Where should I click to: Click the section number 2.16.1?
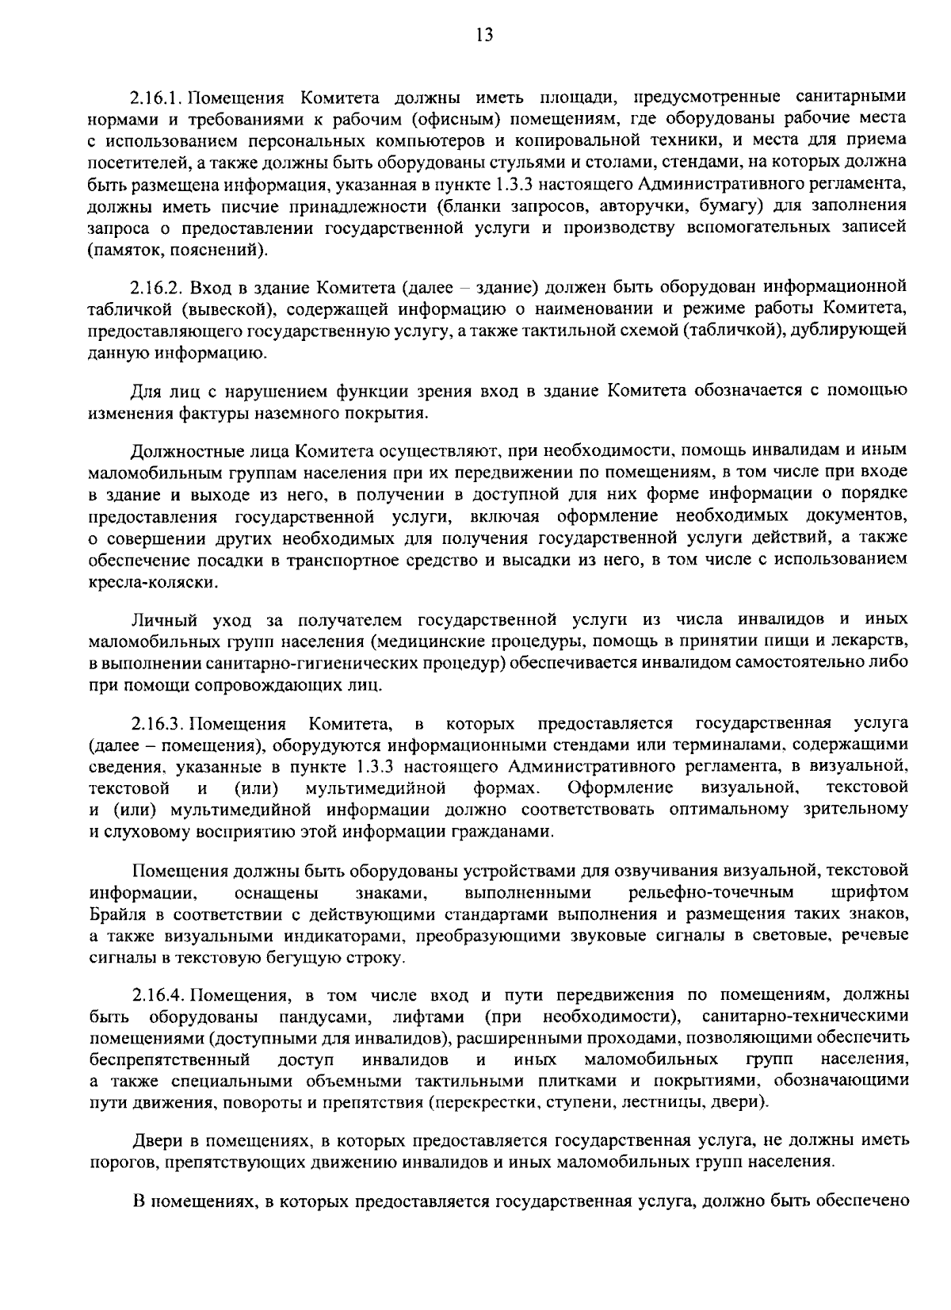[158, 98]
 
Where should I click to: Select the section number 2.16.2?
[158, 286]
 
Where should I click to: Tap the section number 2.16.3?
[158, 723]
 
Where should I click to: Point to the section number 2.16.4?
[158, 995]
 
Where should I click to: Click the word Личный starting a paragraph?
[158, 619]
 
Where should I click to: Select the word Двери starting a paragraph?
[155, 1140]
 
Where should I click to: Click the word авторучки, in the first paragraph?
[647, 207]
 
